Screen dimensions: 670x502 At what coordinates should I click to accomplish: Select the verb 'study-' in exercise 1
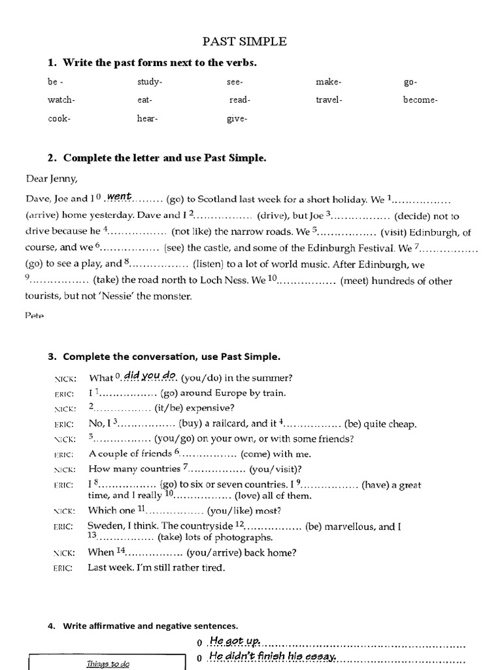point(150,82)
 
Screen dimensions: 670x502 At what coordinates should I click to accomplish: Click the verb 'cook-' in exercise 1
point(59,118)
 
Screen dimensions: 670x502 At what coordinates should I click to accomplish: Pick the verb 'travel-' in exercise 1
point(329,100)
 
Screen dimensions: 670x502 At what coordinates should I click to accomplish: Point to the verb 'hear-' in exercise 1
point(148,118)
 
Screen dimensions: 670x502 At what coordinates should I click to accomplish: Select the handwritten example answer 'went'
point(120,196)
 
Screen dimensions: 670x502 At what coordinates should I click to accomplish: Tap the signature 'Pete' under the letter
point(35,315)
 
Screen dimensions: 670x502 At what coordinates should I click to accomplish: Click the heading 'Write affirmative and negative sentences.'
point(150,626)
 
